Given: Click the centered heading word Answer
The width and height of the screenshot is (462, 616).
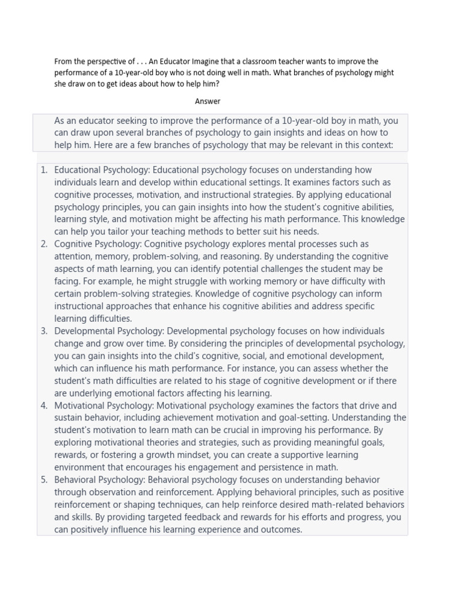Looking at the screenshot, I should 208,101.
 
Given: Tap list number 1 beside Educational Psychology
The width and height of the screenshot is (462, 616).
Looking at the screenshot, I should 44,170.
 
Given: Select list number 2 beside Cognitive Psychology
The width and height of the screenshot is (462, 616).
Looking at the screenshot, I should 44,244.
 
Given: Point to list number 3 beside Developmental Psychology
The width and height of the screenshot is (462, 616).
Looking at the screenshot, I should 44,331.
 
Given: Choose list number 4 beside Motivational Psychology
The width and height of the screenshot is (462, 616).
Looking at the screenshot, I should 44,405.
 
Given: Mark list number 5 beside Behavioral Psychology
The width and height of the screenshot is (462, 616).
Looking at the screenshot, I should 44,479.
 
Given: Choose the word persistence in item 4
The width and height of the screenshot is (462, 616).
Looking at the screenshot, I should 267,467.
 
